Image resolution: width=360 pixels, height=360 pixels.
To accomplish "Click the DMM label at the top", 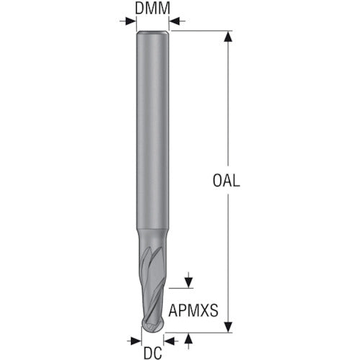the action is click(153, 8).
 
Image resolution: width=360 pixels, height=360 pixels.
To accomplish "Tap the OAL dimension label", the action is click(226, 181).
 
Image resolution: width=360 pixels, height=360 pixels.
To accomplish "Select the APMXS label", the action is click(194, 310).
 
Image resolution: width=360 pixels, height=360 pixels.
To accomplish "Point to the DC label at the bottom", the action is click(153, 353).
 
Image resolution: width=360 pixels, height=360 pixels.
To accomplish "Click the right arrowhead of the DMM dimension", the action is click(174, 21).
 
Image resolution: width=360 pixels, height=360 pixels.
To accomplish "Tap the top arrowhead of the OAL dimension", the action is click(228, 37).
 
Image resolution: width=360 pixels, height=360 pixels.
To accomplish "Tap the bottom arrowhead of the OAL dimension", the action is click(228, 327).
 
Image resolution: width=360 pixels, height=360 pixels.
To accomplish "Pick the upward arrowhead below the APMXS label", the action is click(189, 338).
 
